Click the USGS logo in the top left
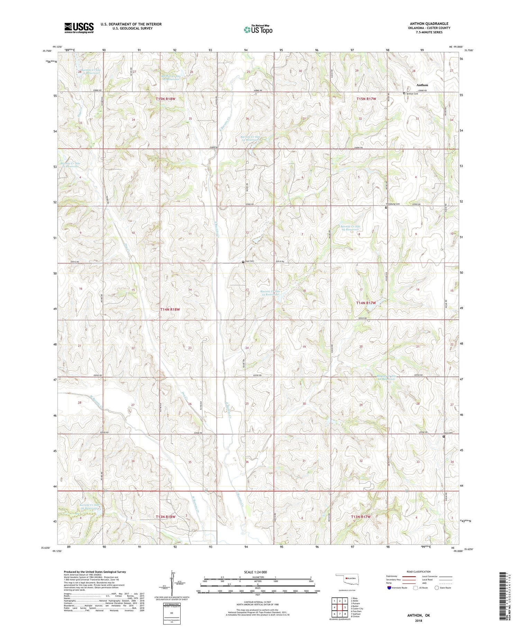(x=79, y=28)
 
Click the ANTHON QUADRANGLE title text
(x=429, y=24)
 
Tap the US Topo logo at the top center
(x=258, y=30)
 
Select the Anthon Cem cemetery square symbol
(x=404, y=93)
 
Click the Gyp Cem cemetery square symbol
(x=243, y=262)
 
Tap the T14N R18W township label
(x=170, y=309)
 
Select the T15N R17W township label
(x=366, y=99)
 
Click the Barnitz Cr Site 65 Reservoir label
(x=350, y=228)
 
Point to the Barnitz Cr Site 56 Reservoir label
(x=90, y=507)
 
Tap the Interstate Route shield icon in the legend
(x=389, y=588)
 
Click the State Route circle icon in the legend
(x=437, y=588)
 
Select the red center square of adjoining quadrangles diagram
(x=340, y=607)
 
